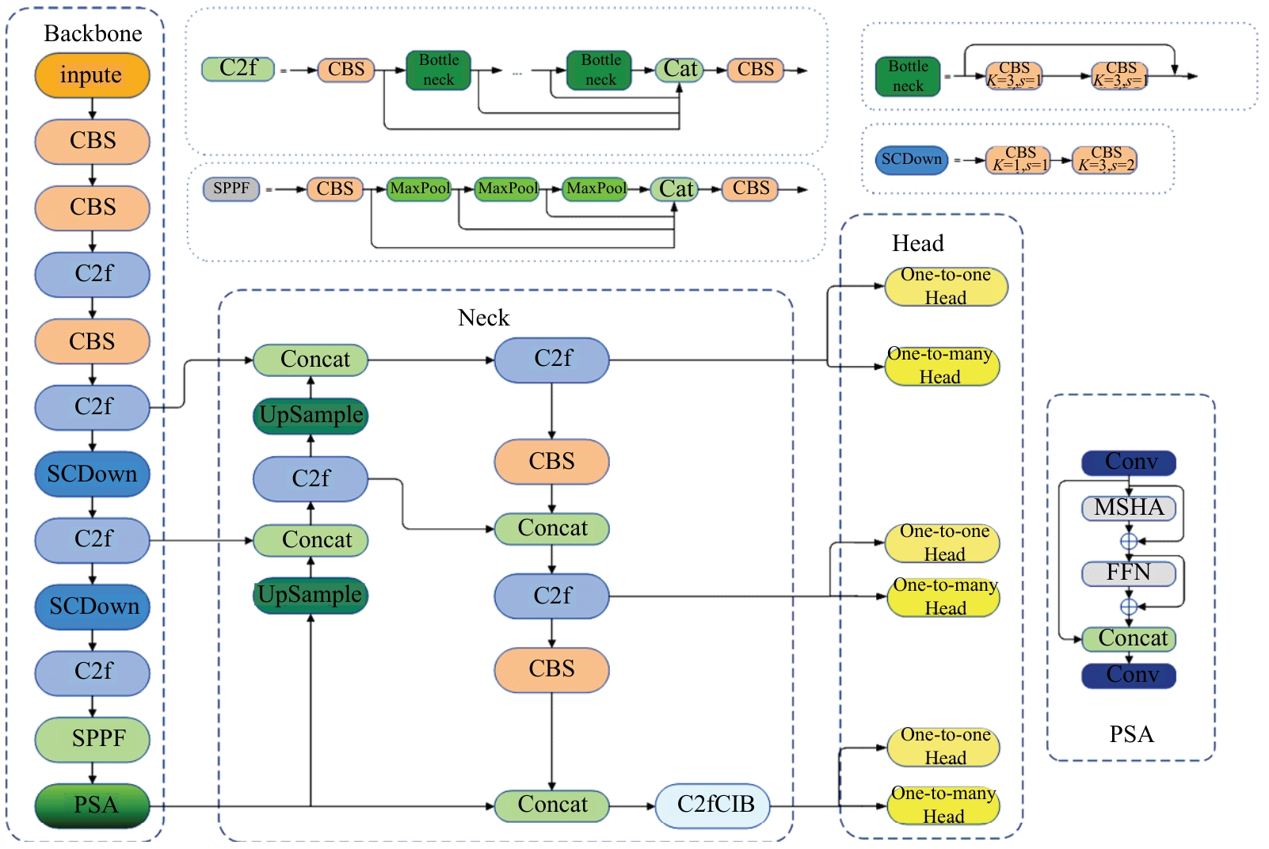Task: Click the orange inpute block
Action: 92,75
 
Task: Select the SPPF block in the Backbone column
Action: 92,739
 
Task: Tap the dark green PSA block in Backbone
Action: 92,805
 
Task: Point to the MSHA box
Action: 1128,508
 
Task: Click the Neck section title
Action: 483,318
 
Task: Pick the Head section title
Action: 917,243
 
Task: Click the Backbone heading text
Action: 93,33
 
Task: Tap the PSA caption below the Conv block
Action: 1130,734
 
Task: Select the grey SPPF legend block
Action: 231,189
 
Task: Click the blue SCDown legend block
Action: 911,160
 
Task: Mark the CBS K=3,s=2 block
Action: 1104,160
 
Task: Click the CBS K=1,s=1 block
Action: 1018,160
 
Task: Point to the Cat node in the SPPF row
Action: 675,189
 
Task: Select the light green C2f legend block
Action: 238,69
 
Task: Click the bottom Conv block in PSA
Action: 1129,676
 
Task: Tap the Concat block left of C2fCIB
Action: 551,805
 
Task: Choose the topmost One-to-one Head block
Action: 946,287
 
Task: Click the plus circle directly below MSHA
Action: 1129,541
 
